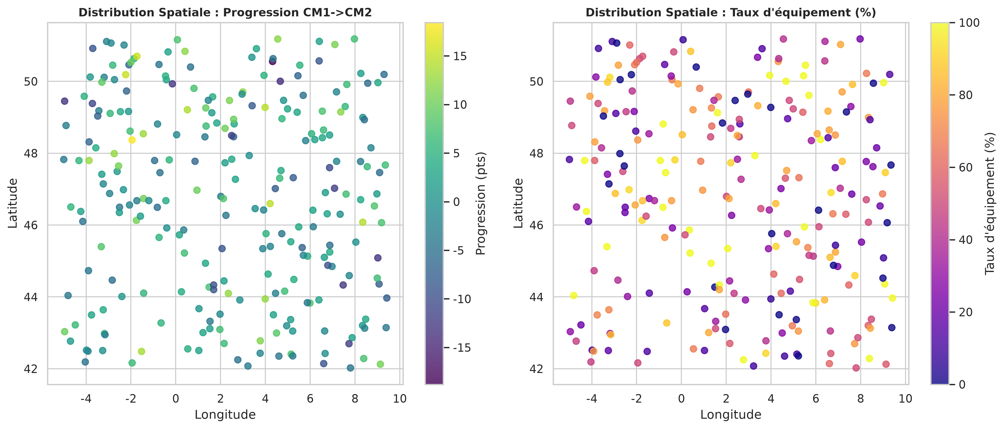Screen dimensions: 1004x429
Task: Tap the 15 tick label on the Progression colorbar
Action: pyautogui.click(x=460, y=56)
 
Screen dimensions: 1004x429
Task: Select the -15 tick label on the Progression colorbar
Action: pyautogui.click(x=462, y=347)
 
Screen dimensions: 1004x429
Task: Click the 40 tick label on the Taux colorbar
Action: pyautogui.click(x=966, y=240)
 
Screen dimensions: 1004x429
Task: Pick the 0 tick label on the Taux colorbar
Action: pyautogui.click(x=962, y=385)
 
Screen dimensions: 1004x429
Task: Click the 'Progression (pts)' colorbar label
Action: pyautogui.click(x=481, y=203)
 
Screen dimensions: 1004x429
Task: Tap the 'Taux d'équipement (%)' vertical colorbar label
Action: pyautogui.click(x=990, y=203)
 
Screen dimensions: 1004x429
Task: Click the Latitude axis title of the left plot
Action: pyautogui.click(x=13, y=203)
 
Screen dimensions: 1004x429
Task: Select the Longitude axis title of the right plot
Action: pyautogui.click(x=731, y=415)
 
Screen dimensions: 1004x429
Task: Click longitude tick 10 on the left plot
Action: pyautogui.click(x=400, y=399)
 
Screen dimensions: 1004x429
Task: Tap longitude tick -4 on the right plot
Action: pyautogui.click(x=592, y=399)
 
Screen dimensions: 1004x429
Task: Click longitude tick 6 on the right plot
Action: pyautogui.click(x=816, y=399)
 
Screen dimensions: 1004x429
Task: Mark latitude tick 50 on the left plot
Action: pyautogui.click(x=31, y=82)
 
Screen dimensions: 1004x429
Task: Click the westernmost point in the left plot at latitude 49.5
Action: pyautogui.click(x=65, y=101)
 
